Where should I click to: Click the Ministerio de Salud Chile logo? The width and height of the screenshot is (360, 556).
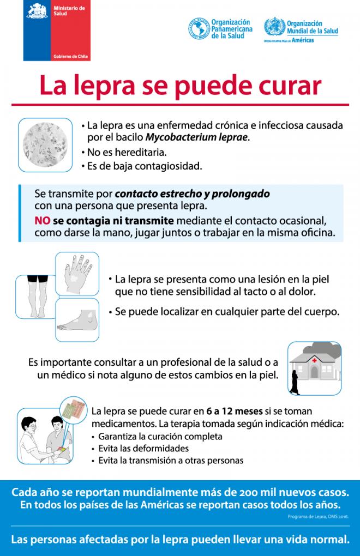coord(57,31)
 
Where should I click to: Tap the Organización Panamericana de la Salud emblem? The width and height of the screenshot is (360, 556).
coord(199,28)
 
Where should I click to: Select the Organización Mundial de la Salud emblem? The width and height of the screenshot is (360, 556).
coord(274,27)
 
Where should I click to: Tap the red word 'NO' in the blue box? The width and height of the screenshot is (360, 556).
coord(43,221)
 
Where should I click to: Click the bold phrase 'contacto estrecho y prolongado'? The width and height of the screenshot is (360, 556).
coord(192,194)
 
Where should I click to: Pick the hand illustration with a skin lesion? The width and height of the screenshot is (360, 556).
coord(77,274)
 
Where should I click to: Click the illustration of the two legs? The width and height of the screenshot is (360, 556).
coord(35,297)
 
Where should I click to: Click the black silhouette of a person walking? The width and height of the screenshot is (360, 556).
coord(297,382)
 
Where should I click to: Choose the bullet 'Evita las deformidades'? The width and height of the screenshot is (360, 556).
coord(143,448)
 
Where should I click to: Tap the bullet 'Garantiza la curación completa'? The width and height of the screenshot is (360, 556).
coord(160,436)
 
